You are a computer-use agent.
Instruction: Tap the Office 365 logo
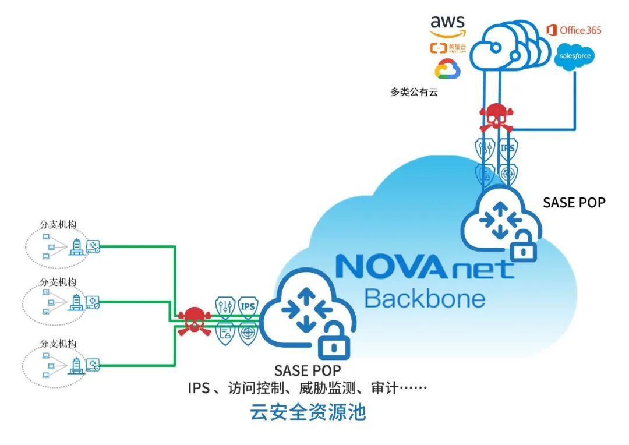point(574,30)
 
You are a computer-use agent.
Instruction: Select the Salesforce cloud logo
point(574,56)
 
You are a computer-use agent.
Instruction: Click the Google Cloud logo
point(447,69)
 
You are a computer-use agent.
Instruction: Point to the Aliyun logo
point(447,48)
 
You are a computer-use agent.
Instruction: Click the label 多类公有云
point(414,91)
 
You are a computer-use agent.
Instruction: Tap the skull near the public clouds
point(496,117)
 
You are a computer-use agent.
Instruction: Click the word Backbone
point(425,298)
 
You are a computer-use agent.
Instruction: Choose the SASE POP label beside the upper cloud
point(574,203)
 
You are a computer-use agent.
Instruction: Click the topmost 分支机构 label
point(58,224)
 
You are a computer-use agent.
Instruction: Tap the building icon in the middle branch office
point(76,302)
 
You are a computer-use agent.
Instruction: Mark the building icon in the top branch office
point(76,247)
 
